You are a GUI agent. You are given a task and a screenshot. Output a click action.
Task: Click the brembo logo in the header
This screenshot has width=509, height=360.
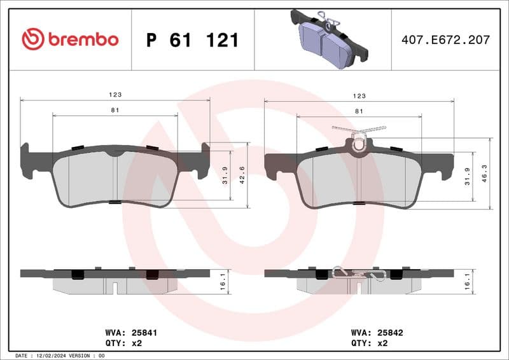[x=70, y=39]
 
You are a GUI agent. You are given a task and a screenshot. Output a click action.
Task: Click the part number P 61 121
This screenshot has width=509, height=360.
[x=192, y=40]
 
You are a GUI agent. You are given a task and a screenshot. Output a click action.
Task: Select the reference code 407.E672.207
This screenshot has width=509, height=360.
[x=445, y=40]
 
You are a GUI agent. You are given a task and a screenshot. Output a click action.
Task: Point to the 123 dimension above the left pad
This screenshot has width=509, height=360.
[x=115, y=94]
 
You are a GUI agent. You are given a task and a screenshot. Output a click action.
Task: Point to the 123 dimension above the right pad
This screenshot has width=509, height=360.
[x=359, y=95]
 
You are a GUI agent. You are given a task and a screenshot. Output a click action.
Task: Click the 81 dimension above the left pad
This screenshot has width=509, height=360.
[x=115, y=110]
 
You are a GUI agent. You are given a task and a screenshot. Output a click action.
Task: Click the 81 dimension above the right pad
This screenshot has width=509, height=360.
[x=359, y=111]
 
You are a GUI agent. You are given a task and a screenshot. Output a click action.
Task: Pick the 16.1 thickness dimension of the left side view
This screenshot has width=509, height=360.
[x=223, y=280]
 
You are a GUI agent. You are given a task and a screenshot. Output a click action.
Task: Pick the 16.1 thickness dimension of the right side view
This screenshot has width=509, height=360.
[x=468, y=280]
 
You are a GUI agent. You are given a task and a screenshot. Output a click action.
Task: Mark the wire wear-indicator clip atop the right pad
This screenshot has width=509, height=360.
[x=359, y=134]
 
